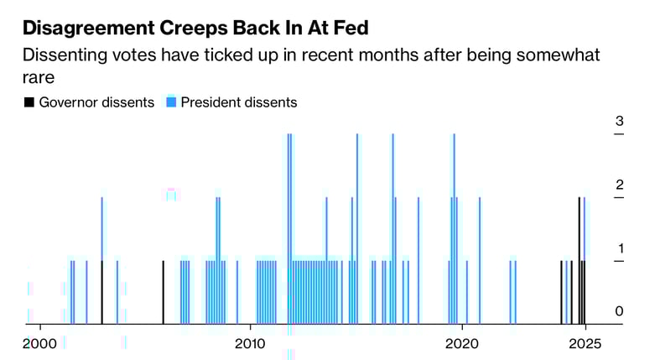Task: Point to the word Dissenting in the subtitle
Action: tap(64, 55)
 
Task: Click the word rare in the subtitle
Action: tap(39, 78)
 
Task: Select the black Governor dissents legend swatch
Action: tap(29, 102)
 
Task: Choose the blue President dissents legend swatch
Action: tap(171, 102)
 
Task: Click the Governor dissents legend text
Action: tap(97, 102)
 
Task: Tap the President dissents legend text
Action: tap(239, 102)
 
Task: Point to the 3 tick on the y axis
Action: tap(619, 122)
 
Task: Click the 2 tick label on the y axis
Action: tap(619, 185)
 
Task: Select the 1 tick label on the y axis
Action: tap(619, 248)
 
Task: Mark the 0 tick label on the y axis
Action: tap(619, 311)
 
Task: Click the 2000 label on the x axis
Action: tap(39, 343)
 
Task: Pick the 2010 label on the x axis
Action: tap(249, 343)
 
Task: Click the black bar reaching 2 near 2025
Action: tap(579, 260)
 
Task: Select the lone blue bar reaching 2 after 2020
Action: tap(480, 260)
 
